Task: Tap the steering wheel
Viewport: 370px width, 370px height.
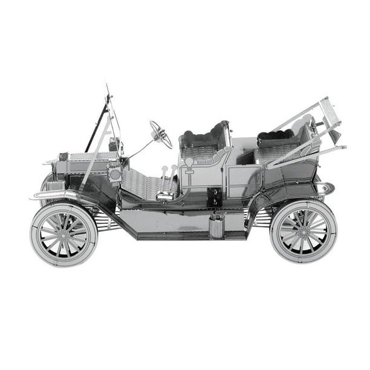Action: (x=161, y=134)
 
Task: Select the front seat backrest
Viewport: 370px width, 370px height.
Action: (x=205, y=135)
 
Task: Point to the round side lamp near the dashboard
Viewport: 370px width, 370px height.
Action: (x=114, y=174)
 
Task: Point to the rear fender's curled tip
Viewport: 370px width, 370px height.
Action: (x=329, y=188)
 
